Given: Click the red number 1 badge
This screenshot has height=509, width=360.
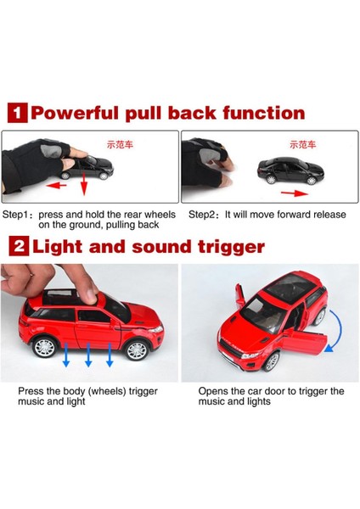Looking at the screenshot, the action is (x=18, y=113).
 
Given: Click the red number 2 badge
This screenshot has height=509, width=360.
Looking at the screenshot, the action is (x=19, y=246).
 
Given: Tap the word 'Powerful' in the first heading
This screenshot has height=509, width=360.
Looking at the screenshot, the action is (x=75, y=114).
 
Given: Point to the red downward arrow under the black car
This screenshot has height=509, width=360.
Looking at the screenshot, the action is (x=84, y=184).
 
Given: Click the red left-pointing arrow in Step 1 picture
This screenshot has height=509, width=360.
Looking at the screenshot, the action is (x=56, y=186).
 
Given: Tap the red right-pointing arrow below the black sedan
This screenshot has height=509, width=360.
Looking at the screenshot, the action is (x=295, y=193).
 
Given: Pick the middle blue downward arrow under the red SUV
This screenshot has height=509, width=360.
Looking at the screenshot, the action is (x=88, y=355).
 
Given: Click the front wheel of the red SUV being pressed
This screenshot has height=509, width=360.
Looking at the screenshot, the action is (x=137, y=350).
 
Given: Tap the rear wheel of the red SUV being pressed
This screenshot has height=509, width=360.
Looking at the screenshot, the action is (x=44, y=347).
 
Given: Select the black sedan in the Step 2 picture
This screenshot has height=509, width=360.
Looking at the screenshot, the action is (x=290, y=171).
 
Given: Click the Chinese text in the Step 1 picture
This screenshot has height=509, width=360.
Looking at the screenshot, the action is (x=120, y=144).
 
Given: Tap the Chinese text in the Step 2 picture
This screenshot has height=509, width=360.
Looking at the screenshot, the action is (x=302, y=144).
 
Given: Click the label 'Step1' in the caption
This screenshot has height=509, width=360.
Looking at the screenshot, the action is (x=16, y=215).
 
